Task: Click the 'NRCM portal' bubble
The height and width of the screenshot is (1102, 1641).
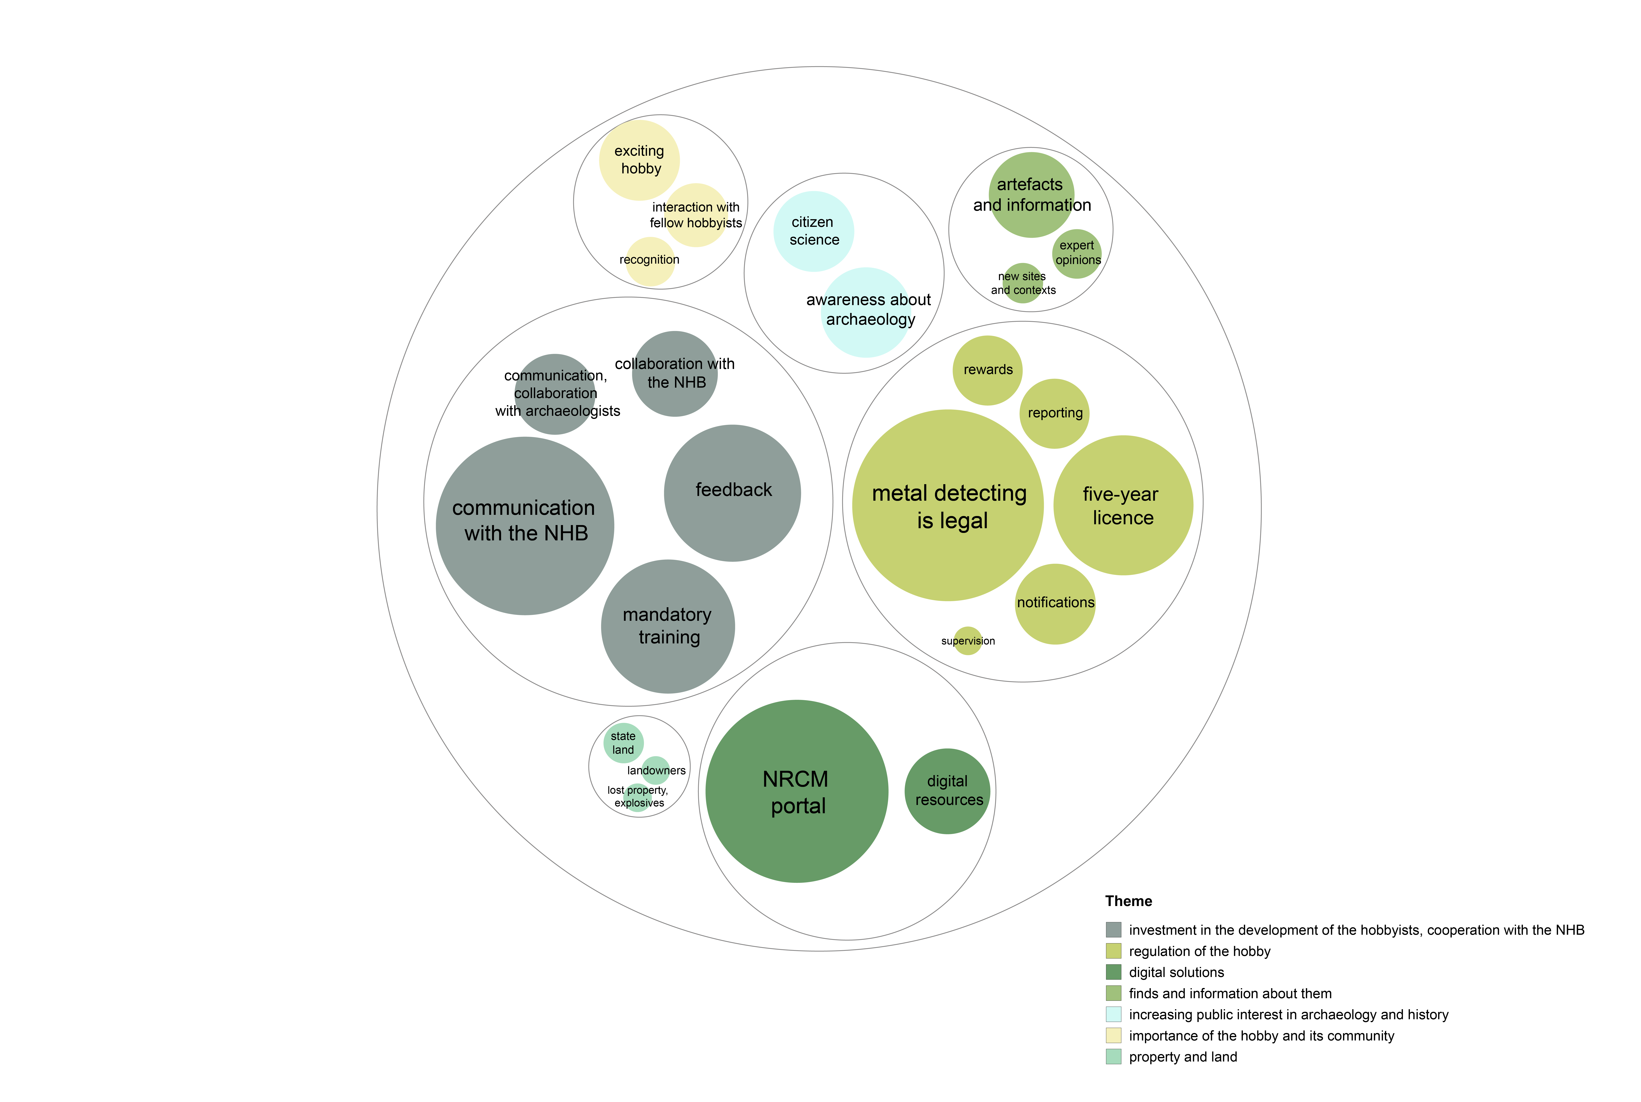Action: click(797, 791)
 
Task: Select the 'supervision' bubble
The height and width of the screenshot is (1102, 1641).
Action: click(968, 641)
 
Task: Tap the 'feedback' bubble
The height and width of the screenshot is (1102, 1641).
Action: click(732, 493)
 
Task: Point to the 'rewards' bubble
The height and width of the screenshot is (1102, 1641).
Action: click(988, 370)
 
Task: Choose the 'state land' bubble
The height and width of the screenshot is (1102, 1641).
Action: click(623, 743)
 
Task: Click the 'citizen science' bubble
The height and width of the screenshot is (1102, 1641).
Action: click(814, 231)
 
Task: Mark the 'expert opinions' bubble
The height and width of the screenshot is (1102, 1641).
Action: click(1077, 254)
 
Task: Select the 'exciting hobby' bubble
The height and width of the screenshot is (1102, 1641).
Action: click(639, 160)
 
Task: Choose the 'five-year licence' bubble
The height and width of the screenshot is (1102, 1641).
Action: click(1123, 505)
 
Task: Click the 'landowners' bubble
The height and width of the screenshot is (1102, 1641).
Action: click(655, 770)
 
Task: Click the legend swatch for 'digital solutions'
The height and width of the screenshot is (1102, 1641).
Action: click(1113, 972)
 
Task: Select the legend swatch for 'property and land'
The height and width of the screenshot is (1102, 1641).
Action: click(1113, 1056)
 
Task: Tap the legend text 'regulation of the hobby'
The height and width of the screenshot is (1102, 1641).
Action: click(1200, 951)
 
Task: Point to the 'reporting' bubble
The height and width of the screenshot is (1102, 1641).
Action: click(1054, 413)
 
